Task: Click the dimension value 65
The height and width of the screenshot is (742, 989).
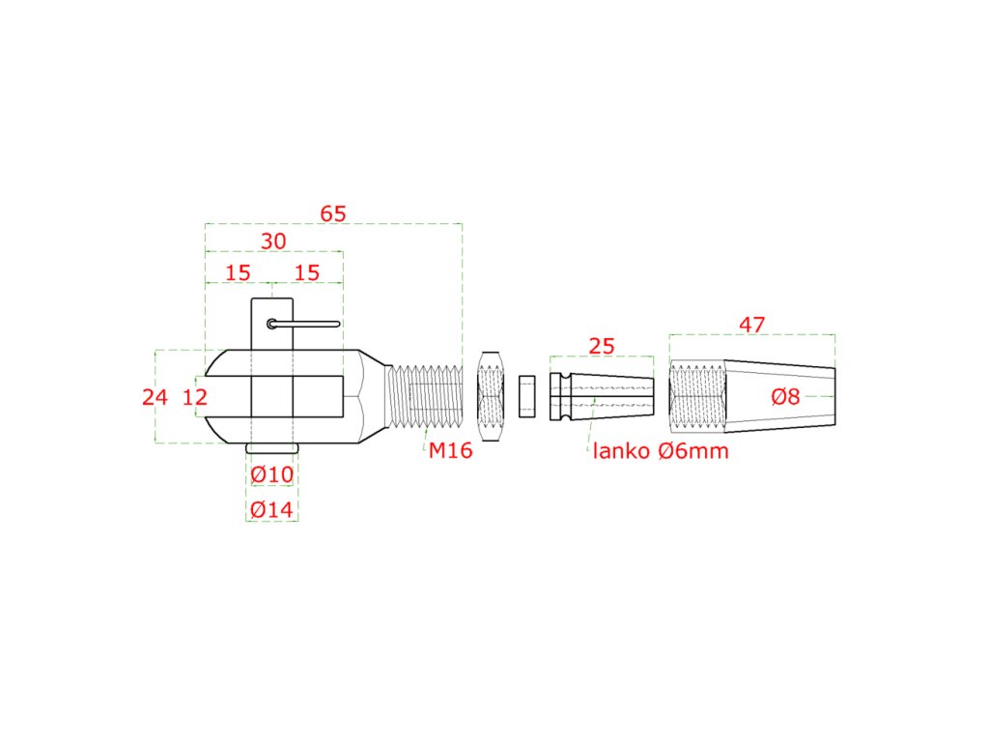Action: click(333, 214)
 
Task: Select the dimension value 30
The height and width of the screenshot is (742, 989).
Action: click(274, 242)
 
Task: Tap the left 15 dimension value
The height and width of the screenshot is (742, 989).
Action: click(238, 272)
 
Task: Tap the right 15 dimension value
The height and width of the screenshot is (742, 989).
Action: click(306, 272)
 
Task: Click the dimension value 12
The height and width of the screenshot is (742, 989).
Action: click(195, 396)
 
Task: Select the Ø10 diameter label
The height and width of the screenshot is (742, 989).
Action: click(271, 475)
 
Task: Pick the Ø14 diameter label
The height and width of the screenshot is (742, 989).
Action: click(271, 510)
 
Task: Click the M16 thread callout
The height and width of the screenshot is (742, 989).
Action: click(451, 450)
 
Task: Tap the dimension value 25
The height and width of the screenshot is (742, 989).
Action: click(601, 347)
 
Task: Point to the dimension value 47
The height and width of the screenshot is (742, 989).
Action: click(751, 326)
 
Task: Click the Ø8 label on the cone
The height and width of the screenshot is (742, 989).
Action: click(785, 396)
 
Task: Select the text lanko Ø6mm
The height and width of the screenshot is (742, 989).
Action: click(661, 450)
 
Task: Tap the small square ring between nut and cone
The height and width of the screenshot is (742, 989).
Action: click(526, 396)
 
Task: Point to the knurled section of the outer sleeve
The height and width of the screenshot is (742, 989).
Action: click(696, 396)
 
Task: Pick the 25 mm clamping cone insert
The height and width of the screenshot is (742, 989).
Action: click(601, 396)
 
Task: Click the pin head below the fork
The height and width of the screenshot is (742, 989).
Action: click(271, 449)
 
